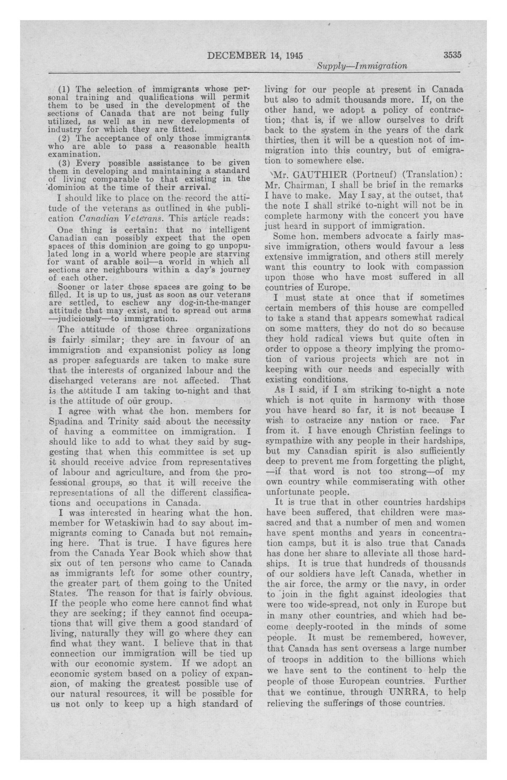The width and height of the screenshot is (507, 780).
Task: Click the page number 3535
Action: (x=452, y=55)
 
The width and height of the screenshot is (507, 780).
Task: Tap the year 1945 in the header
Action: (x=294, y=55)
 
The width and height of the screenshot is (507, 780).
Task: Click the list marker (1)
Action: (x=65, y=89)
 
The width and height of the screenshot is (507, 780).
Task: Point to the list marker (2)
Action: (x=65, y=138)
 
